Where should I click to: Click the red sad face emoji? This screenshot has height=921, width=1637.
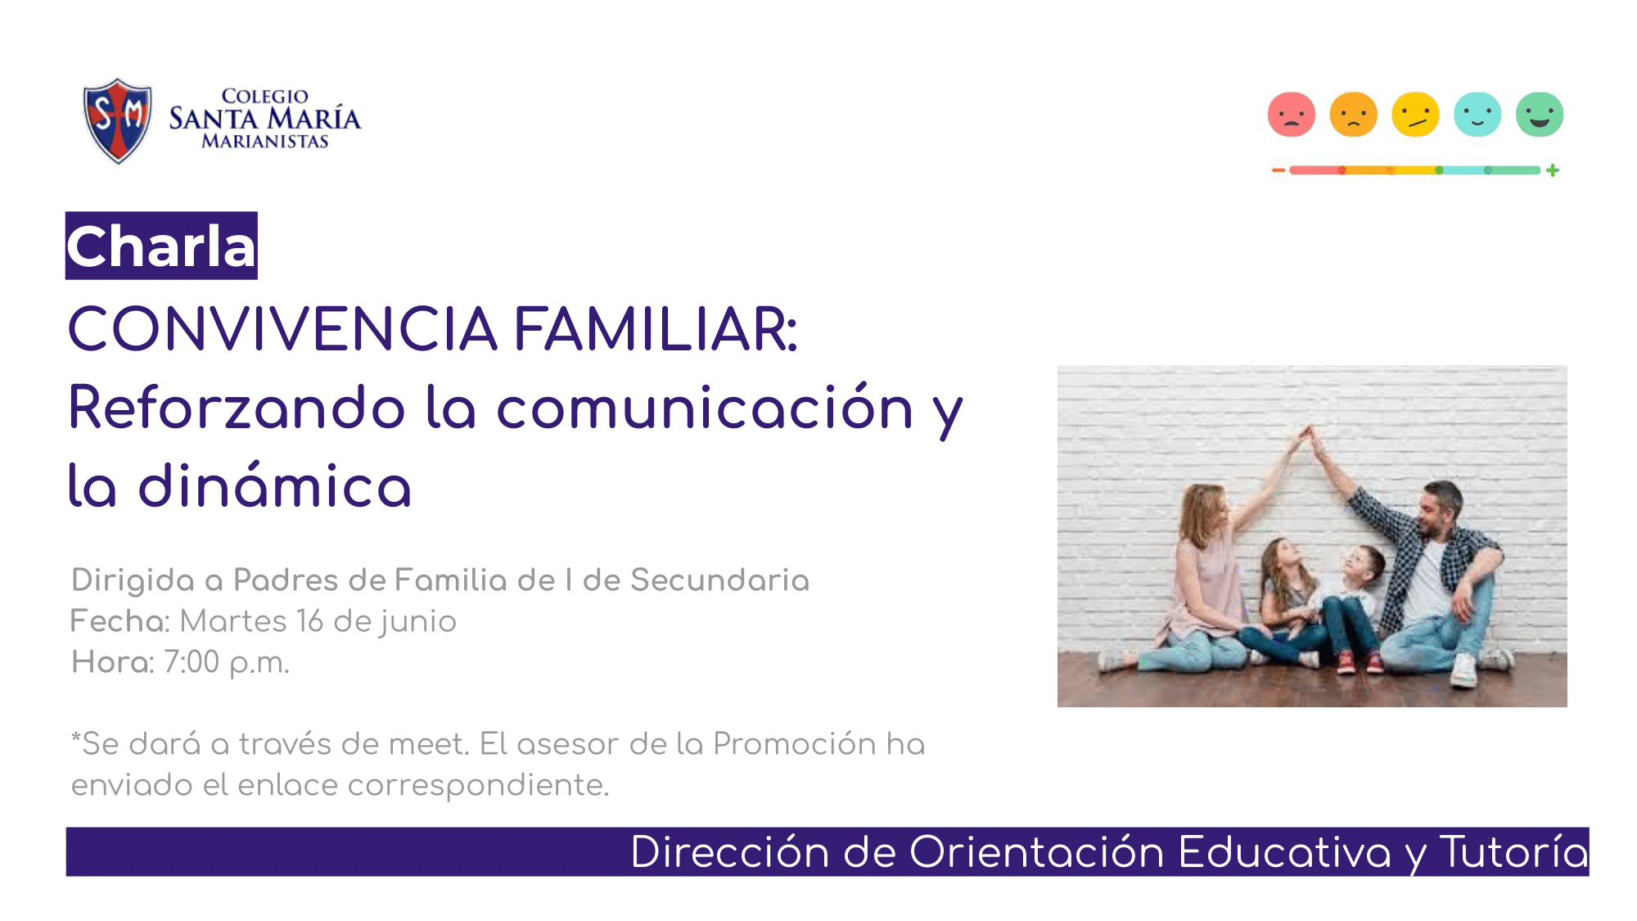[1292, 114]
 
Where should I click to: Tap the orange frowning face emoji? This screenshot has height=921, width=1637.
[1354, 114]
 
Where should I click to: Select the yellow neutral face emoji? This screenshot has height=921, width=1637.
[1416, 114]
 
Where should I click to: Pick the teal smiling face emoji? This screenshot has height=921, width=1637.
[1477, 114]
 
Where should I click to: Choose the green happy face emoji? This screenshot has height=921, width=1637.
[1540, 114]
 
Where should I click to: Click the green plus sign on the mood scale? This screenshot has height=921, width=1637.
[1553, 170]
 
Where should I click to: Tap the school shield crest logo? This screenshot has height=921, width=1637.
[118, 120]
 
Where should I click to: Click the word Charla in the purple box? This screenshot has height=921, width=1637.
[161, 246]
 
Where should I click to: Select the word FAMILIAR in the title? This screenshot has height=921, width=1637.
[656, 329]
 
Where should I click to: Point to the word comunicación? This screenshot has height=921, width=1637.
[705, 407]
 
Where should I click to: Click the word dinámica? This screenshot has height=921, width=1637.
[274, 486]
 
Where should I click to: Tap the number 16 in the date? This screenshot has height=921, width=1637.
[310, 621]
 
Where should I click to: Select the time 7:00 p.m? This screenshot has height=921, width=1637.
[227, 662]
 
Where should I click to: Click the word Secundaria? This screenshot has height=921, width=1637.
[719, 580]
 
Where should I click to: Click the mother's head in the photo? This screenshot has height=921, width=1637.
[1203, 513]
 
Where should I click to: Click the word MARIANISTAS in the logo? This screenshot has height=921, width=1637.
[265, 142]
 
